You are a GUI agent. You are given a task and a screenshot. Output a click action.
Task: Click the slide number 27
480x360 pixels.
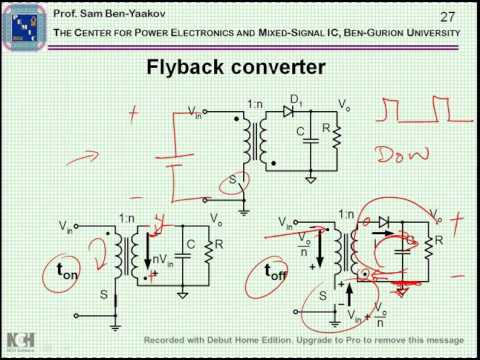tap(447, 16)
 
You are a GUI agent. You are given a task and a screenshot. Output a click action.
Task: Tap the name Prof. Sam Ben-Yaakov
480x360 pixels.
tap(95, 14)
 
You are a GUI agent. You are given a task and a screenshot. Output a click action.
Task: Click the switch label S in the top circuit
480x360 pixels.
tap(233, 182)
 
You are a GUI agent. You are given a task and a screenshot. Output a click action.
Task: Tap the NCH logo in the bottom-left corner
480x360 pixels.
tap(17, 339)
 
